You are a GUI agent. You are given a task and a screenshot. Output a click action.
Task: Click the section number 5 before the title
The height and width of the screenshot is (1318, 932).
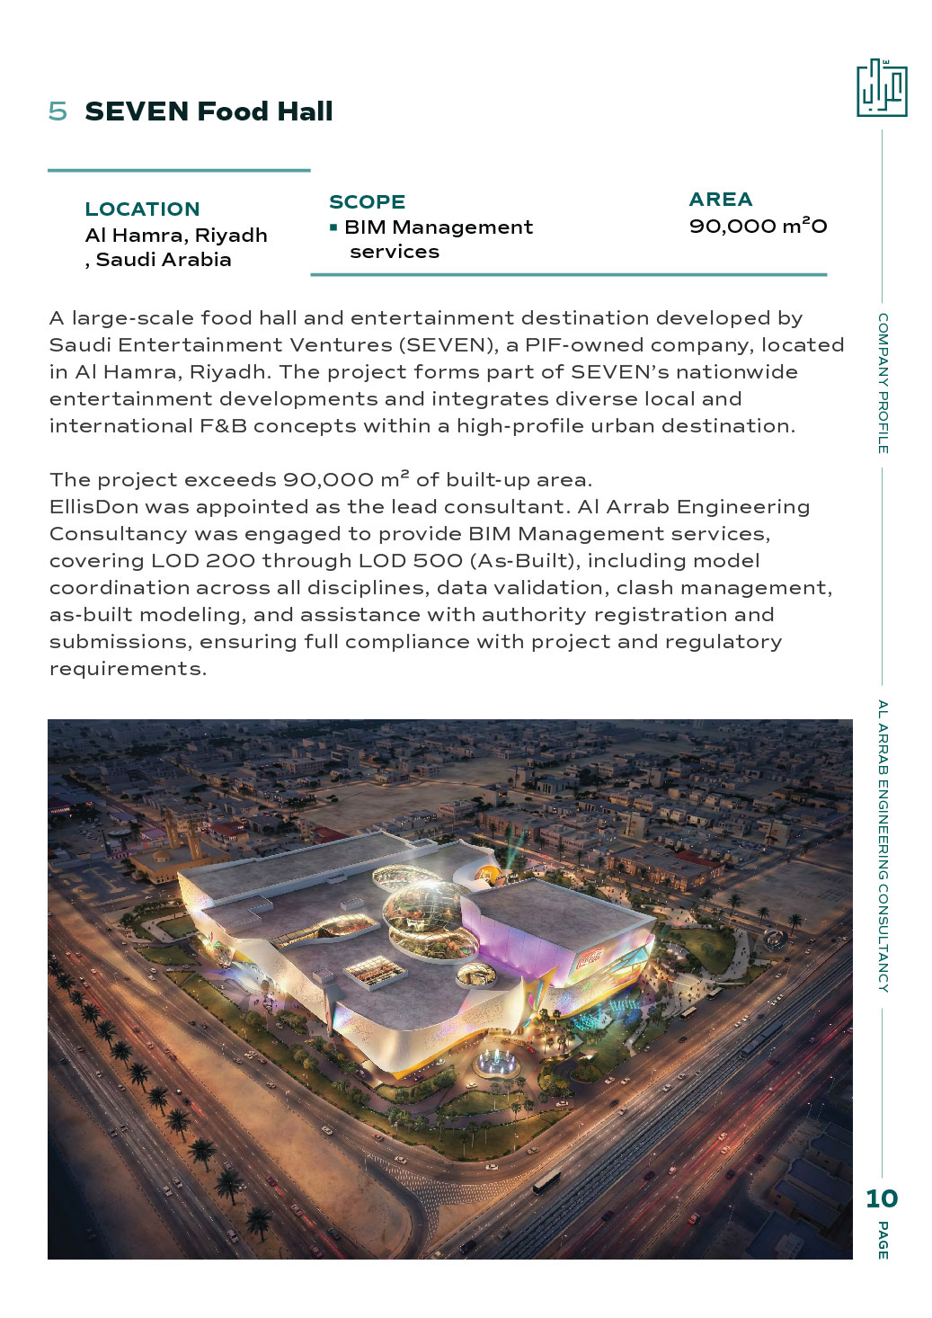(x=58, y=111)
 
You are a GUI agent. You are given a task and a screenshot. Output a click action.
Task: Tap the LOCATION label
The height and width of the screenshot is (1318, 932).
(x=142, y=209)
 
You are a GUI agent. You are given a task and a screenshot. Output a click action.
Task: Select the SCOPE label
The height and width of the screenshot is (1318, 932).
(x=367, y=202)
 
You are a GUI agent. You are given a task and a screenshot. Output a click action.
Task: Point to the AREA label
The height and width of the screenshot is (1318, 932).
(x=720, y=200)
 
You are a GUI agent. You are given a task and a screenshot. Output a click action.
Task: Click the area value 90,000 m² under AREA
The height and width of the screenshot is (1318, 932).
(x=757, y=226)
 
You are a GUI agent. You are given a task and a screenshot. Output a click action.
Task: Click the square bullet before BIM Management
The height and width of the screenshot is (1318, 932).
(x=333, y=227)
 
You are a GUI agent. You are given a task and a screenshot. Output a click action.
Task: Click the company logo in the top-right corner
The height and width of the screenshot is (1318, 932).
(x=881, y=88)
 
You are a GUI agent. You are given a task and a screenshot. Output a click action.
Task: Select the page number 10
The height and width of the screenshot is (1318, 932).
(x=881, y=1198)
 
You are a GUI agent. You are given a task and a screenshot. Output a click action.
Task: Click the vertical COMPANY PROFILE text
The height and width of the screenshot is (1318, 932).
(x=883, y=383)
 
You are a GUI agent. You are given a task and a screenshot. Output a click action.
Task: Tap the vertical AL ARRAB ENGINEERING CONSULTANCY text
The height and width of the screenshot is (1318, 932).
(x=883, y=845)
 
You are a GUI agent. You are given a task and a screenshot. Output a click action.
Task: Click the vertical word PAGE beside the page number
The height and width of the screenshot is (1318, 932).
(x=883, y=1240)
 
